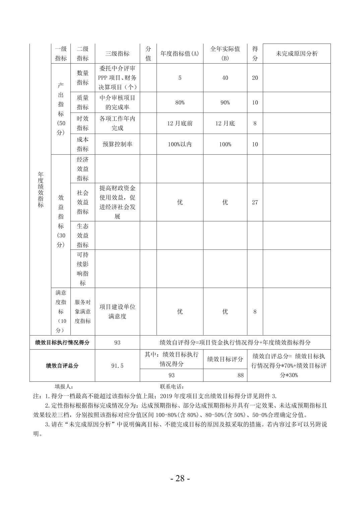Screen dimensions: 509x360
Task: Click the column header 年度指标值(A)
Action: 180,54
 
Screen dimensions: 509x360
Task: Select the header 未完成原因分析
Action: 297,54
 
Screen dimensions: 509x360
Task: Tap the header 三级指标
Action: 117,54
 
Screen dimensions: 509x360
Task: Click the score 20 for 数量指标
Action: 255,78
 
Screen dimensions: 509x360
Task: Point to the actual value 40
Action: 225,78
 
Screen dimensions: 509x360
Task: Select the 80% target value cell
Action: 180,102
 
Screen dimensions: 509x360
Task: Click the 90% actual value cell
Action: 225,102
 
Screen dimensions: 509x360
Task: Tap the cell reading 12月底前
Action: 180,123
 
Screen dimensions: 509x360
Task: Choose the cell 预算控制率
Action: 117,144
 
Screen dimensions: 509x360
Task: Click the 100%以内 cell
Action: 180,144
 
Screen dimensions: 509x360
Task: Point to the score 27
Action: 255,202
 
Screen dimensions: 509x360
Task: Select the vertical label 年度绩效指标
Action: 41,190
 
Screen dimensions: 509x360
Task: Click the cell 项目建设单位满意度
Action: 117,311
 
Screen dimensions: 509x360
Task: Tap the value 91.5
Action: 117,366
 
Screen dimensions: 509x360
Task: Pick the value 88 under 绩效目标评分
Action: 240,375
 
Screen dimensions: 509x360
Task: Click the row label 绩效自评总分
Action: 62,366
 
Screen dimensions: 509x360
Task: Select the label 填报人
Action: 64,386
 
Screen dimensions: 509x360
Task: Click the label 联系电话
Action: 172,386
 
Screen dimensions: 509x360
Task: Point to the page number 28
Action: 180,478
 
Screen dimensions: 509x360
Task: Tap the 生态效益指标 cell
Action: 82,235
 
